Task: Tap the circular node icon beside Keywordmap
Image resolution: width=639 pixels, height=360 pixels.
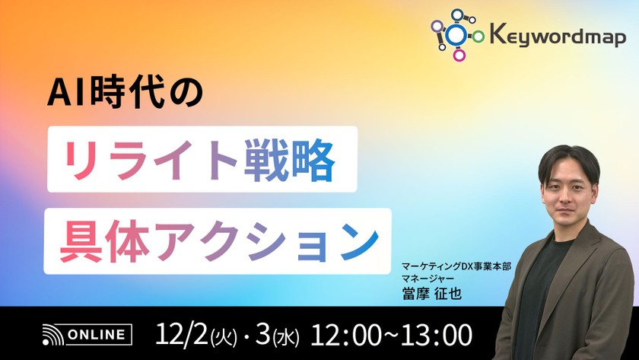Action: tap(458, 34)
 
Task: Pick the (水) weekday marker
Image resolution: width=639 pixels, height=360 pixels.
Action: tap(288, 336)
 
